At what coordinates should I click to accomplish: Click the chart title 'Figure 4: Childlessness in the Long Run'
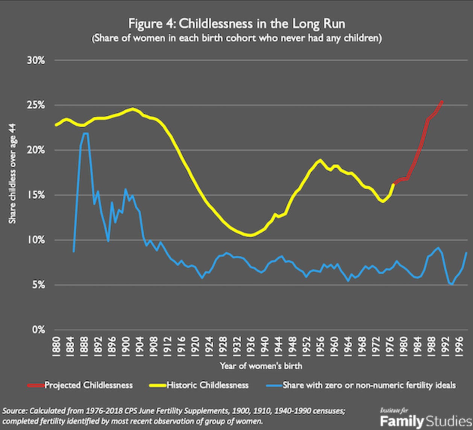point(236,24)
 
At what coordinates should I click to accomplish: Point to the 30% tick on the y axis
point(36,60)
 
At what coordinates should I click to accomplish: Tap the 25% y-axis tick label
point(36,105)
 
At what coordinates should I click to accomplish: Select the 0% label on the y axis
point(38,330)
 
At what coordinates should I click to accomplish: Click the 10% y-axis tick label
point(36,240)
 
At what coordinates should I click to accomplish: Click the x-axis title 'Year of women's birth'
point(261,366)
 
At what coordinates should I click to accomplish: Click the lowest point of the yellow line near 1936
point(250,236)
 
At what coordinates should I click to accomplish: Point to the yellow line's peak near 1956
point(320,160)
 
